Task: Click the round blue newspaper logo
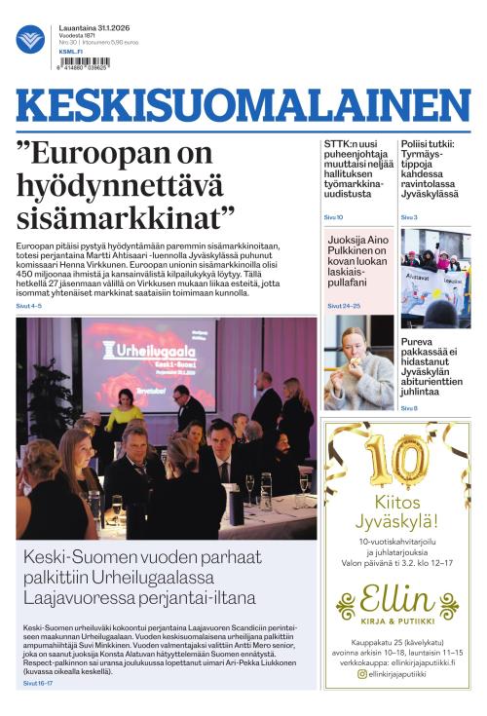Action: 30,39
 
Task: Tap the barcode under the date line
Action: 85,61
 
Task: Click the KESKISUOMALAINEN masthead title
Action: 243,106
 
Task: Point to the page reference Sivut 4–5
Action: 29,306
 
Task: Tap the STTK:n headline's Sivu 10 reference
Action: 333,217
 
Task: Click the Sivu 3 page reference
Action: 409,217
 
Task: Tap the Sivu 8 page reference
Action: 409,408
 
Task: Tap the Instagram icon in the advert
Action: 362,673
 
